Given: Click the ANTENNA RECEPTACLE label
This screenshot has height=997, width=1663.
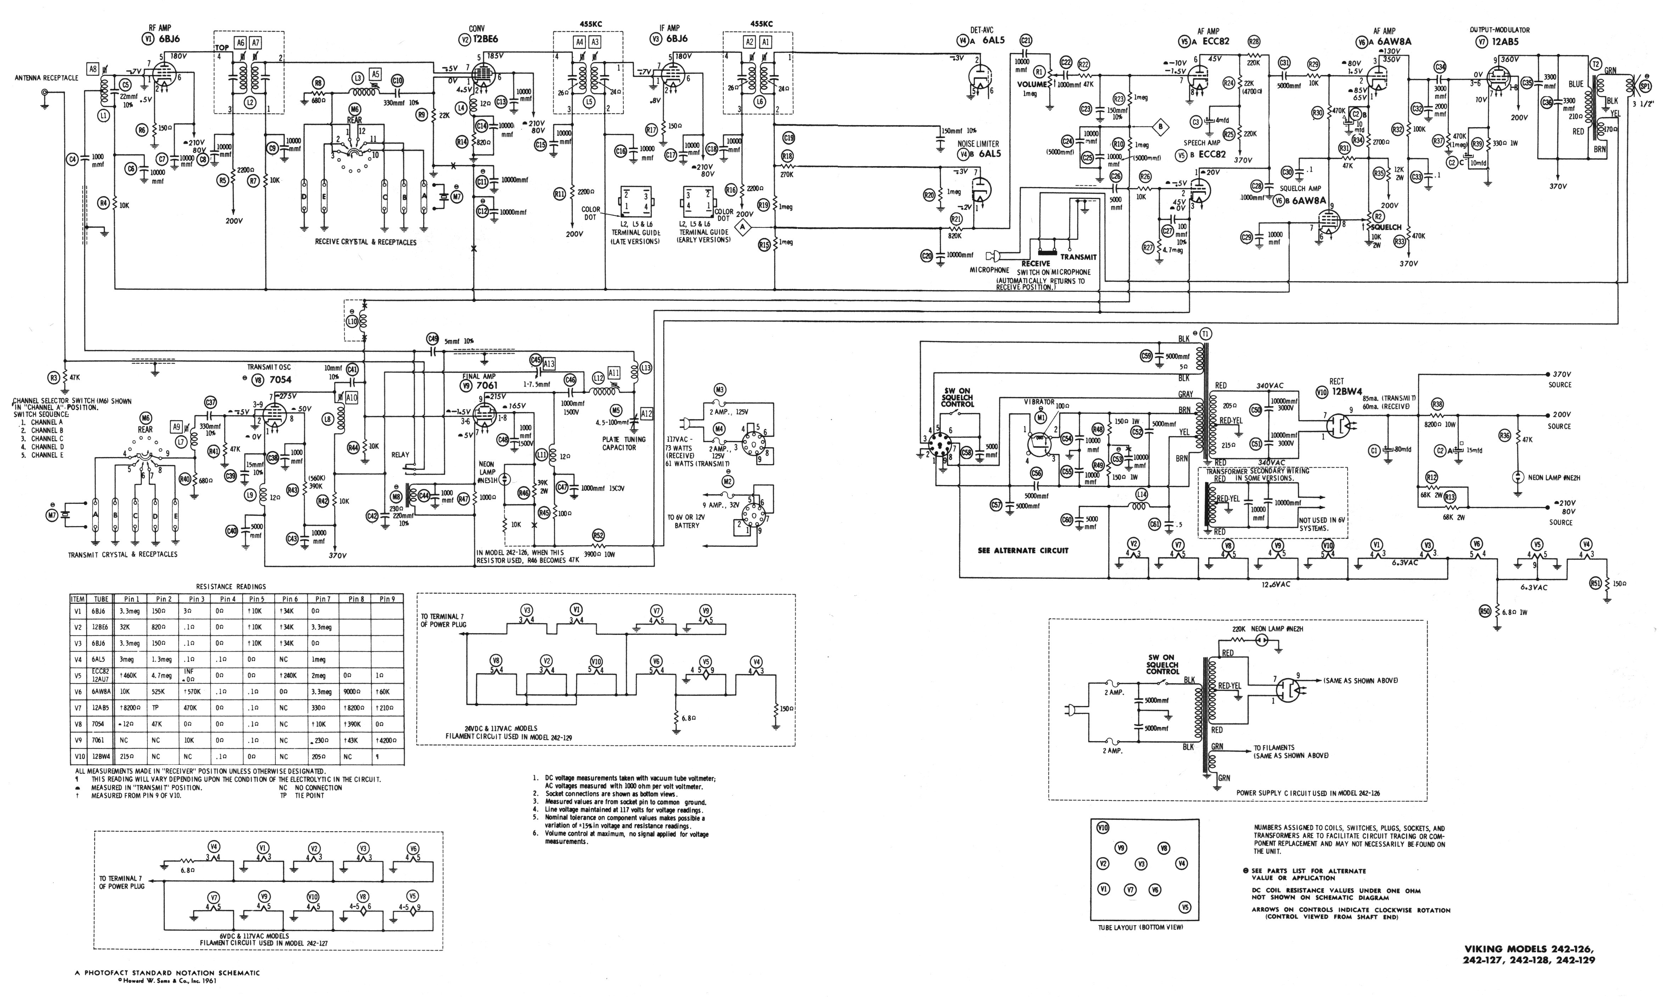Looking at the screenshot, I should pos(46,78).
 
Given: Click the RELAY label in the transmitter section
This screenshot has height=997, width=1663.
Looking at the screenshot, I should pos(400,455).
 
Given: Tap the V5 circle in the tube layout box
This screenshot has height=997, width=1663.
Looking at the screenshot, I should pos(1185,907).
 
